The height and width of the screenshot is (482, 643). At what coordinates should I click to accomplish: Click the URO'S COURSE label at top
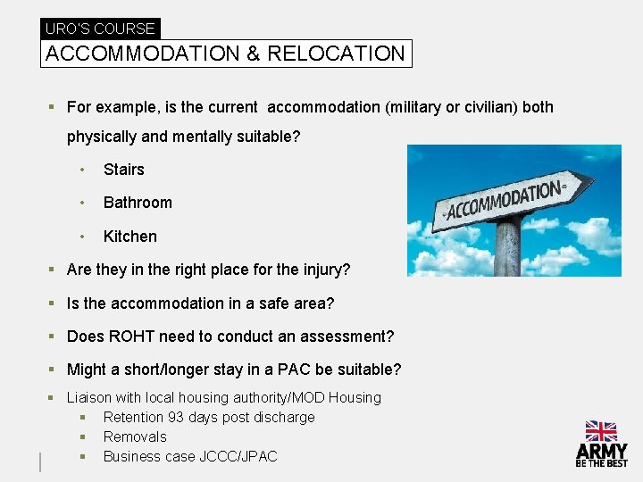[x=100, y=29]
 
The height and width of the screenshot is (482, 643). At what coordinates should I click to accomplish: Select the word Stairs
[x=123, y=170]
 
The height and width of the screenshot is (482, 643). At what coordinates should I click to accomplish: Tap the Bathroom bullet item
[x=138, y=203]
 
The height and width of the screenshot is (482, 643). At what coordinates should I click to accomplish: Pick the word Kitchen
[x=129, y=237]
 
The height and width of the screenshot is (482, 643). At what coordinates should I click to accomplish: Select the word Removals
[x=135, y=436]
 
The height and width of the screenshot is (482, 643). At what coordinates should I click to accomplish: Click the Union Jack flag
[x=601, y=431]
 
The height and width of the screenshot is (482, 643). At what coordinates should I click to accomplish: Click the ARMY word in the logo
[x=601, y=452]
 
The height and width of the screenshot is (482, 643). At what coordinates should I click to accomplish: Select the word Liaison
[x=88, y=397]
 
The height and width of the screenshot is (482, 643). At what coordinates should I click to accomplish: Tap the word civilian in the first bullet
[x=487, y=107]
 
